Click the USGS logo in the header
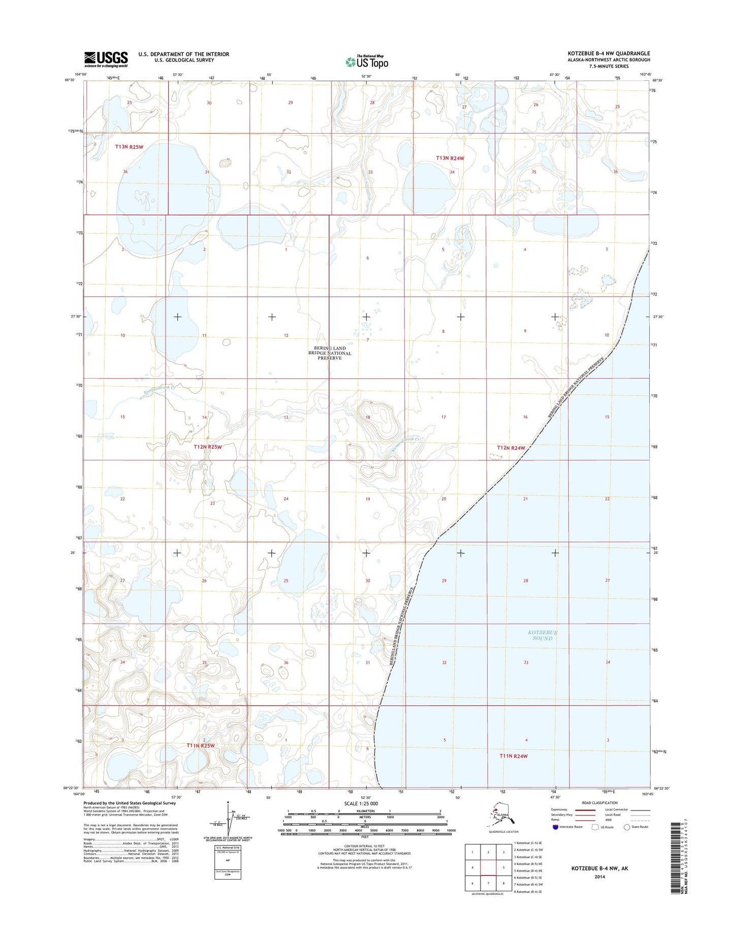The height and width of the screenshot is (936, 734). (106, 59)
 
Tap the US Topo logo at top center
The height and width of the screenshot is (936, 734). (367, 61)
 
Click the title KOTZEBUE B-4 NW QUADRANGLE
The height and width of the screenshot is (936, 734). (609, 53)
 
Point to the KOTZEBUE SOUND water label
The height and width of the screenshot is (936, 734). (542, 635)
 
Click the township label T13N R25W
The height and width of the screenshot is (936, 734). (129, 147)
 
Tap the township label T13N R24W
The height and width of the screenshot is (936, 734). (450, 158)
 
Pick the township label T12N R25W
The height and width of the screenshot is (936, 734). (208, 447)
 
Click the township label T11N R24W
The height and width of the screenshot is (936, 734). (514, 756)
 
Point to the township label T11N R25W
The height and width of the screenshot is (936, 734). (201, 745)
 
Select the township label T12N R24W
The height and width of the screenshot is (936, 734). (510, 448)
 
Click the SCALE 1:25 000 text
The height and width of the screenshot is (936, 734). (361, 803)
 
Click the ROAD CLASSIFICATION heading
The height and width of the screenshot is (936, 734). (600, 803)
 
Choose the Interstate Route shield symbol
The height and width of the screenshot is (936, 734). (555, 827)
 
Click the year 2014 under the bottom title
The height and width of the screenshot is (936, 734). (599, 876)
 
